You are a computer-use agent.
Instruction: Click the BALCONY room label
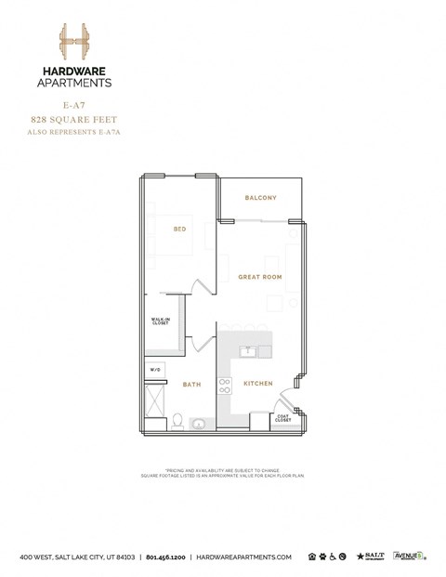(x=260, y=198)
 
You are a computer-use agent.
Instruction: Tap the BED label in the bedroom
(x=181, y=229)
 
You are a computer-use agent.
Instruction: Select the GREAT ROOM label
(x=259, y=277)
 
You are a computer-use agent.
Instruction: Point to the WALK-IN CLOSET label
(x=160, y=322)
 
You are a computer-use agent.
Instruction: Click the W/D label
(x=154, y=370)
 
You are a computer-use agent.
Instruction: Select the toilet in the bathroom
(x=177, y=421)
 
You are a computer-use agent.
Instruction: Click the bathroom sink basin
(x=198, y=424)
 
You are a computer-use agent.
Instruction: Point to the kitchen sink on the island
(x=249, y=351)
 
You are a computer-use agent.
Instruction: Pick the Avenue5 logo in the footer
(x=409, y=556)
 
